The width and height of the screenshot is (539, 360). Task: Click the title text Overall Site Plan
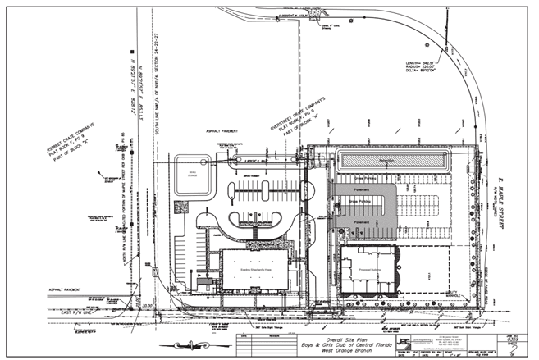345,337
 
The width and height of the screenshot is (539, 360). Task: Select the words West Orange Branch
345,350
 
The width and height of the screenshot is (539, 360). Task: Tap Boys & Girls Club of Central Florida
345,344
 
